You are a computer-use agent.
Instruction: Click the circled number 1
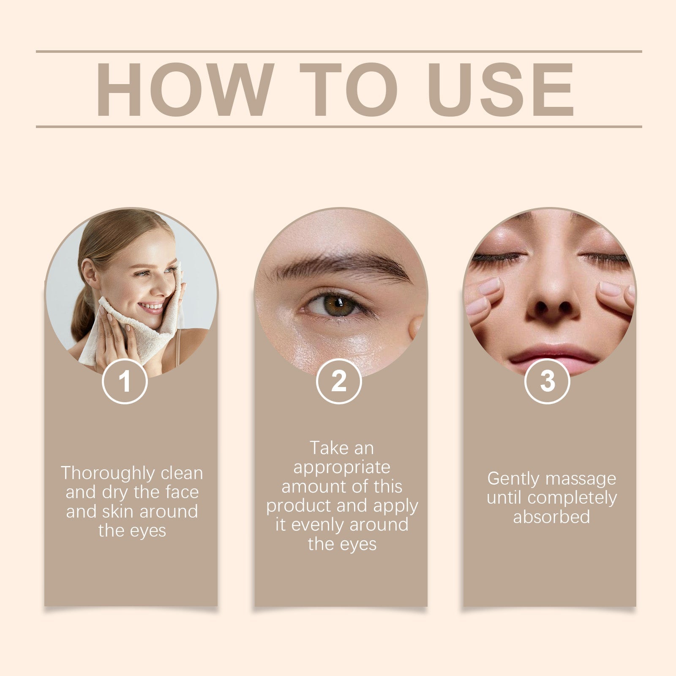[x=125, y=381]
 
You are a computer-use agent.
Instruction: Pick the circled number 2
[x=339, y=381]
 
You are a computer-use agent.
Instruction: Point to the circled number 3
[x=547, y=381]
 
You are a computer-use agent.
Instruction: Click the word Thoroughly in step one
[x=108, y=473]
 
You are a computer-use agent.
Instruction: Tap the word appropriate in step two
[x=342, y=467]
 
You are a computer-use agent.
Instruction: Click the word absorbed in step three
[x=551, y=517]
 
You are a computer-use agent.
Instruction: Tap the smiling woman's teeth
[x=151, y=306]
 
